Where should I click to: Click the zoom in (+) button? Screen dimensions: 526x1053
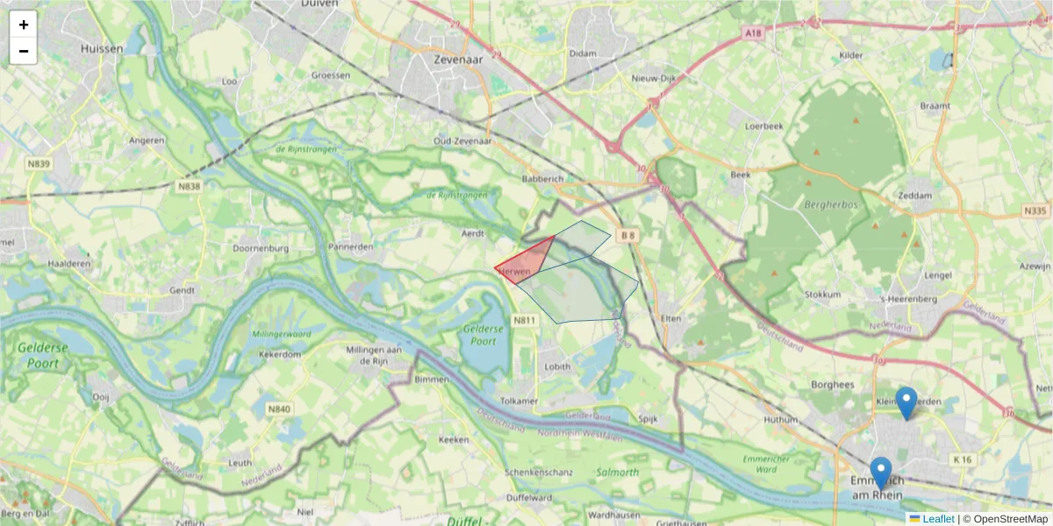[x=24, y=25]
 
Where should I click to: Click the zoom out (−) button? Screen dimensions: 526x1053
[x=24, y=51]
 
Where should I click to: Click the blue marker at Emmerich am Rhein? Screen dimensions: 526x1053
[x=880, y=472]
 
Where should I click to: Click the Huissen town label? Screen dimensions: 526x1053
[x=102, y=49]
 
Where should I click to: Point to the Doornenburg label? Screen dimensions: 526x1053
[x=261, y=248]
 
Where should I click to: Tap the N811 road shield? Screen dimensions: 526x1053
[x=524, y=321]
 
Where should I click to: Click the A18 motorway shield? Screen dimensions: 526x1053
[x=752, y=33]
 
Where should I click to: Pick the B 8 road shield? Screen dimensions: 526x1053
[x=627, y=235]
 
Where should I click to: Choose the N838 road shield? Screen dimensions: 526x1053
[x=189, y=186]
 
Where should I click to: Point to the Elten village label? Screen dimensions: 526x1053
[x=671, y=318]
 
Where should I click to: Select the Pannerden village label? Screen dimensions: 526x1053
[x=351, y=247]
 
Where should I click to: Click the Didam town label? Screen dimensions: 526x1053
[x=583, y=53]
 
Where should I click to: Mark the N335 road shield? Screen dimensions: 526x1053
[x=1035, y=211]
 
